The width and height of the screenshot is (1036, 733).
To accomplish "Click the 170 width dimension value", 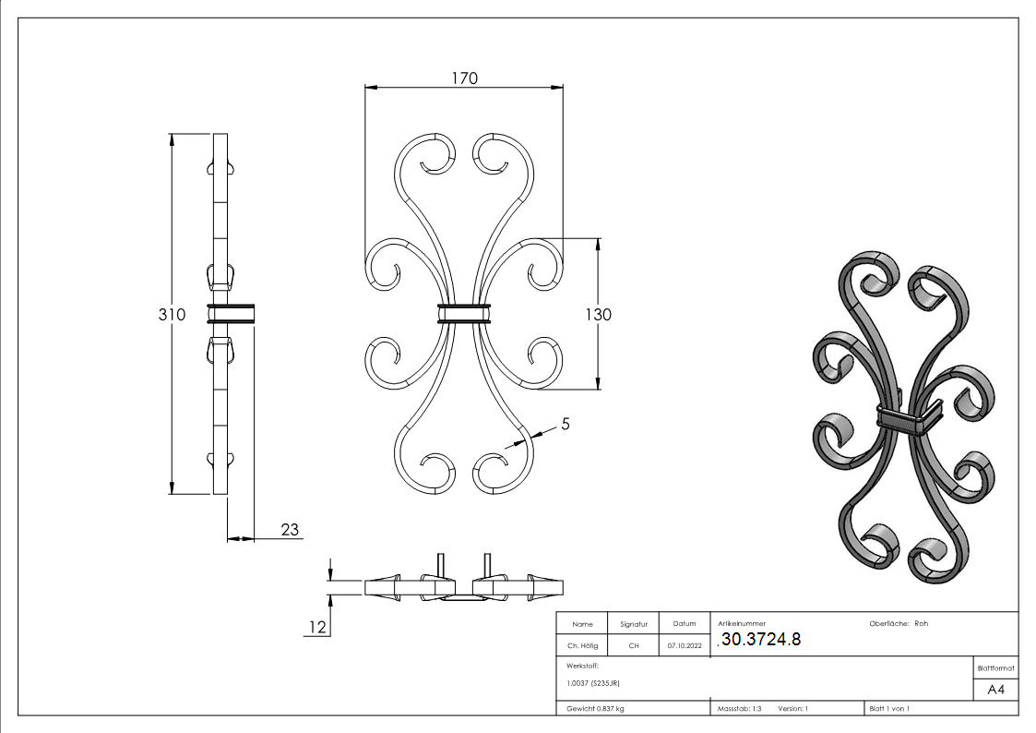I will [x=464, y=78].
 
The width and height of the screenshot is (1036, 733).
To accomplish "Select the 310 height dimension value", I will [x=173, y=314].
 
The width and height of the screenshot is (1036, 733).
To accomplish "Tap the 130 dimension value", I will [x=599, y=314].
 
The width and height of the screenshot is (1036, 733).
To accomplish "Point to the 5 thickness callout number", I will [x=566, y=425].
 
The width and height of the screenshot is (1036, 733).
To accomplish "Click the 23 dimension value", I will [x=289, y=529].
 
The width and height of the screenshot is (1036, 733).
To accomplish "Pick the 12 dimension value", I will [x=317, y=628].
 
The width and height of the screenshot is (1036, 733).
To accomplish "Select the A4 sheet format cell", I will [x=996, y=690].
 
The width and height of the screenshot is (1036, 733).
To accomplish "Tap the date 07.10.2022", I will [x=684, y=645].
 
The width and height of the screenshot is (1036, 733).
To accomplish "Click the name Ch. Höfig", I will [x=582, y=645].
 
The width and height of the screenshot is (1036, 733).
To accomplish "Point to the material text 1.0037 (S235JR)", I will [x=596, y=683].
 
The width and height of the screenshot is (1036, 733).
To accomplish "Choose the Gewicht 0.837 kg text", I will [x=595, y=708].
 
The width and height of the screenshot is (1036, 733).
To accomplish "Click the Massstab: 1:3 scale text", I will [x=740, y=708].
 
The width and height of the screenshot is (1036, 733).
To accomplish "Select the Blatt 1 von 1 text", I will [x=889, y=708].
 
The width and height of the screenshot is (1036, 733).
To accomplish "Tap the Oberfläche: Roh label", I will [x=899, y=623].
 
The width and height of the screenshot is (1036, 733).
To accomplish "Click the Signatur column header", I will [x=634, y=624].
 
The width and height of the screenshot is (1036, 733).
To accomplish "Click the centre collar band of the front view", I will [x=464, y=314].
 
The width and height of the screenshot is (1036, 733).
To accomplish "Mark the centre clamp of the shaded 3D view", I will [x=902, y=420].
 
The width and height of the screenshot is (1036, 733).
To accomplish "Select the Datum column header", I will [x=684, y=624].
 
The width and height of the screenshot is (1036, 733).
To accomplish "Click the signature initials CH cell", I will [x=634, y=645].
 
